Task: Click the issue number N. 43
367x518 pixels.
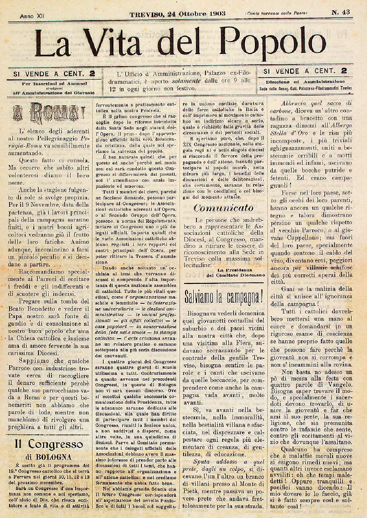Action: (x=340, y=12)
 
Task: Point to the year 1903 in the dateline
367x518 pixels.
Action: (x=217, y=13)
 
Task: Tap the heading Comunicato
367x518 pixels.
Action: (x=223, y=208)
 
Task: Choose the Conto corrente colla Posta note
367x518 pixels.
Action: (x=276, y=13)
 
